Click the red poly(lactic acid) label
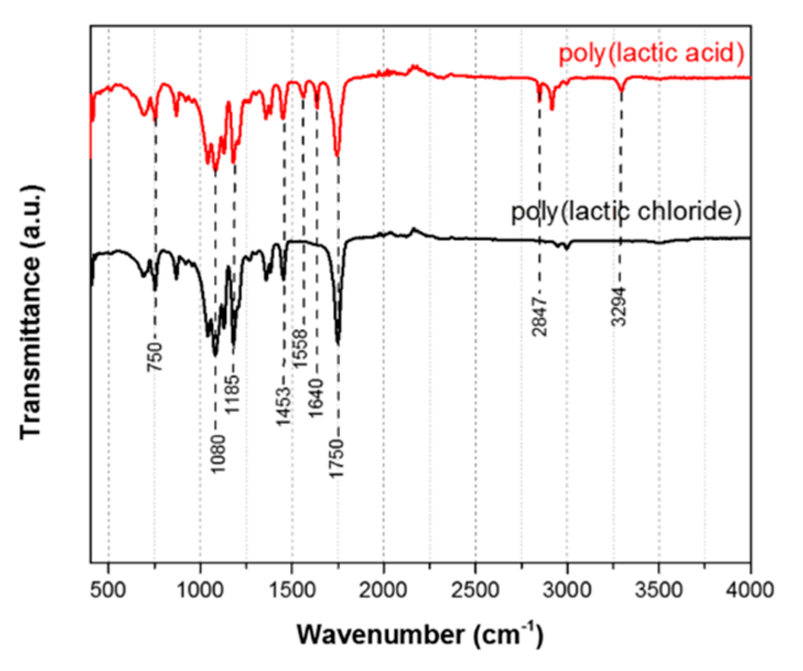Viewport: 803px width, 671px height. (651, 53)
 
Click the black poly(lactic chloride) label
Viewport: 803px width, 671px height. (626, 212)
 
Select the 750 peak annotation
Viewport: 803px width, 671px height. (156, 356)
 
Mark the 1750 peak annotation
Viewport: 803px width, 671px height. (337, 458)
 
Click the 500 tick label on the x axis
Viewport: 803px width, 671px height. (108, 590)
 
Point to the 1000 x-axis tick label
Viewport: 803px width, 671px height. (200, 590)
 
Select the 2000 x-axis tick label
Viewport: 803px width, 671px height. (384, 590)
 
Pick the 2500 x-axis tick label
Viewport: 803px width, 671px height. (475, 590)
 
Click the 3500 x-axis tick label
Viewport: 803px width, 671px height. (659, 590)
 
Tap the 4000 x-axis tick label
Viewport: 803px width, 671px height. (750, 590)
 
